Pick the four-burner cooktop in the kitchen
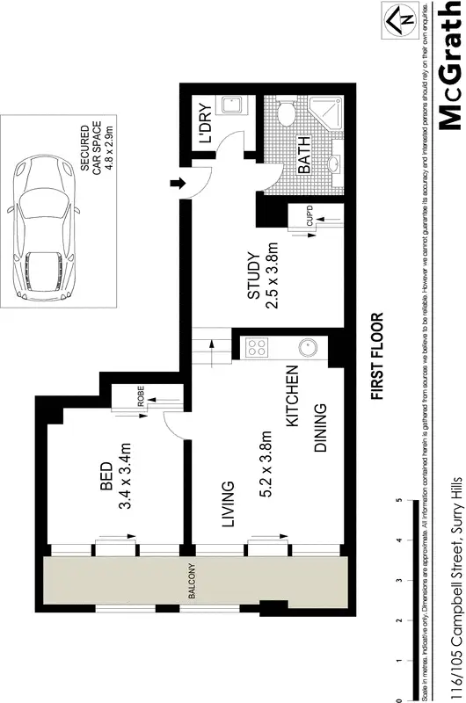click(258, 347)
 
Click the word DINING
click(322, 428)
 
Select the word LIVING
click(227, 504)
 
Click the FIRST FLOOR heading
click(378, 356)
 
